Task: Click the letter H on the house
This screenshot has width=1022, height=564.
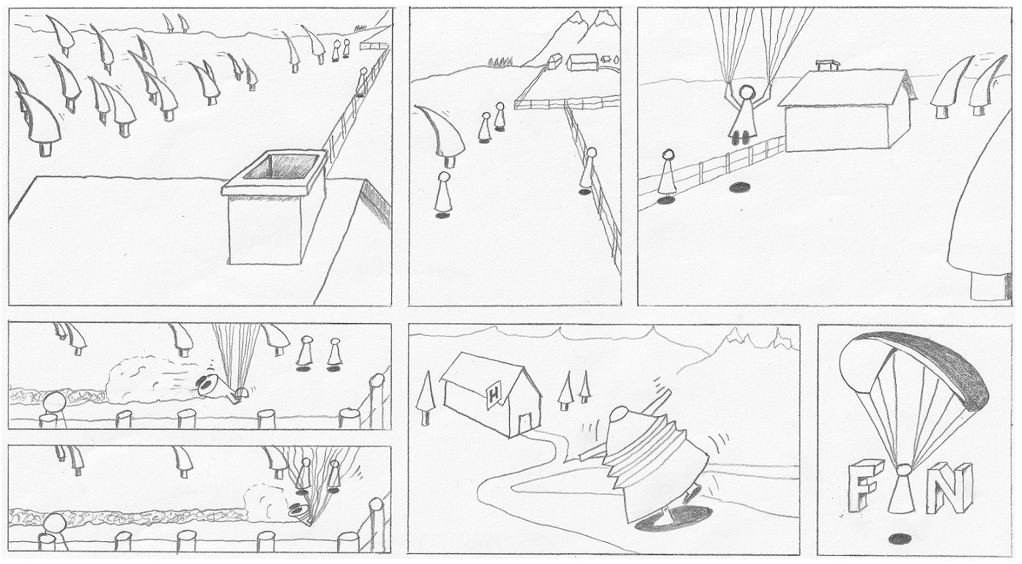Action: (493, 393)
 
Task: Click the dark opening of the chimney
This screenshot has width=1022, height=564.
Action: (281, 166)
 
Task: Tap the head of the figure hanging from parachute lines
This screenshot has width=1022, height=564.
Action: (747, 92)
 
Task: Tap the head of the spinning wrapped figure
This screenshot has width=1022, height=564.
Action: (619, 414)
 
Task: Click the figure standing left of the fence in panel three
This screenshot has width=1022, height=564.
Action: (667, 175)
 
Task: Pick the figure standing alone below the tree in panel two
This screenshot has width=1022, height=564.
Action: (442, 195)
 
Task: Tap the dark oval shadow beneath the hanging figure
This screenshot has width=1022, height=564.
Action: (740, 187)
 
